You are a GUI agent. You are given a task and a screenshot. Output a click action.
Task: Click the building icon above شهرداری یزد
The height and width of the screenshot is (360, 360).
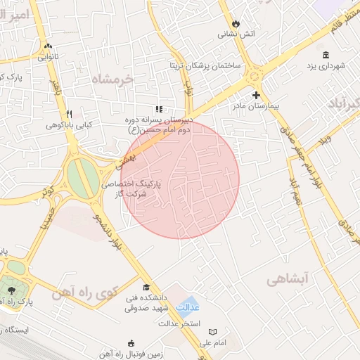point(325,55)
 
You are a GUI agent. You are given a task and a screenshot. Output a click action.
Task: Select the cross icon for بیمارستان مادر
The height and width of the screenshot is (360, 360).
point(256,94)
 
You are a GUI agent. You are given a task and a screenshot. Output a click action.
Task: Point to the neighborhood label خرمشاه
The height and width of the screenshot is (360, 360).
point(112,79)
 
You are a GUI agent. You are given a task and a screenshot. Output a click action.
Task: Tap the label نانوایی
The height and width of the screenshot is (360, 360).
point(47,57)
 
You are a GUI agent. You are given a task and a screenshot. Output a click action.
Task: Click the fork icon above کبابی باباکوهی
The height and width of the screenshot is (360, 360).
point(68,114)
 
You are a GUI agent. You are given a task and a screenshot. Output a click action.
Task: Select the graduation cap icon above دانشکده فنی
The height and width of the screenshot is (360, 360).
point(146,287)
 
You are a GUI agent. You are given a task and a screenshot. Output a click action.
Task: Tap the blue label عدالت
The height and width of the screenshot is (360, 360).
point(186,307)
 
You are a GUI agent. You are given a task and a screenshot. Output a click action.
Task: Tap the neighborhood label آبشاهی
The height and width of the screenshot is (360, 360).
point(289,279)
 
